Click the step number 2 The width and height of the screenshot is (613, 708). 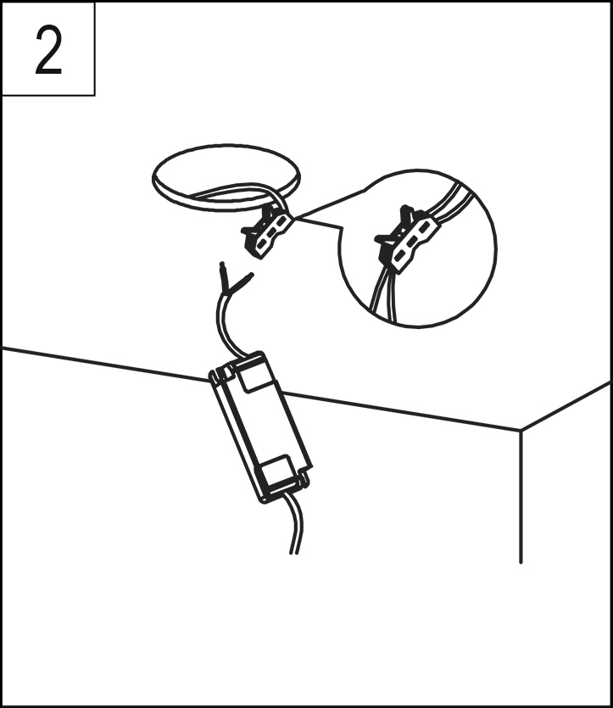click(47, 50)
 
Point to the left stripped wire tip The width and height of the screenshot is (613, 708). click(222, 269)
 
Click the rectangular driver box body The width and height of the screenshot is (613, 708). click(261, 426)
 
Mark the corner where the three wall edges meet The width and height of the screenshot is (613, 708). click(521, 430)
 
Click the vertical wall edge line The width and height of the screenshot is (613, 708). click(521, 497)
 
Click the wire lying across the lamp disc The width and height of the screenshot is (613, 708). click(235, 190)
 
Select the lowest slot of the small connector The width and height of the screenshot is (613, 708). click(261, 245)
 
